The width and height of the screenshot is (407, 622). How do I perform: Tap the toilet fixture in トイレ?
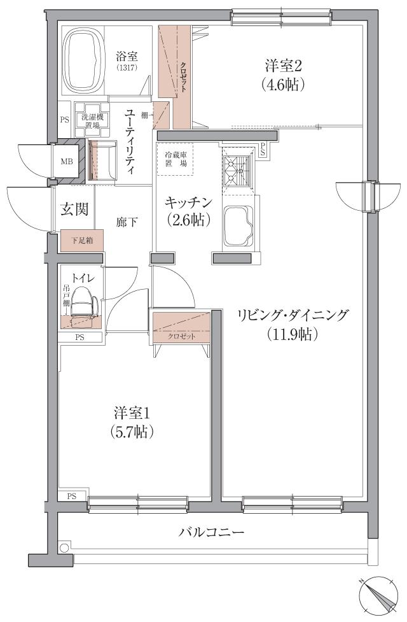(84, 303)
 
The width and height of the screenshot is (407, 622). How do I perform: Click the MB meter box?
(67, 162)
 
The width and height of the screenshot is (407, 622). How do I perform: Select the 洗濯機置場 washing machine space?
(89, 120)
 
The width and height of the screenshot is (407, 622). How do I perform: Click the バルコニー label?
(211, 532)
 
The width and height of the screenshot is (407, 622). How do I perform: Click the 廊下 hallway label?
(127, 222)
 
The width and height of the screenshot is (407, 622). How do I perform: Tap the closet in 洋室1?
(182, 328)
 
